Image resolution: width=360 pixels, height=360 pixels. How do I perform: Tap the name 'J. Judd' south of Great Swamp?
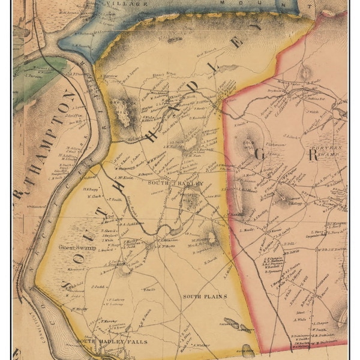tap(98, 287)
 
